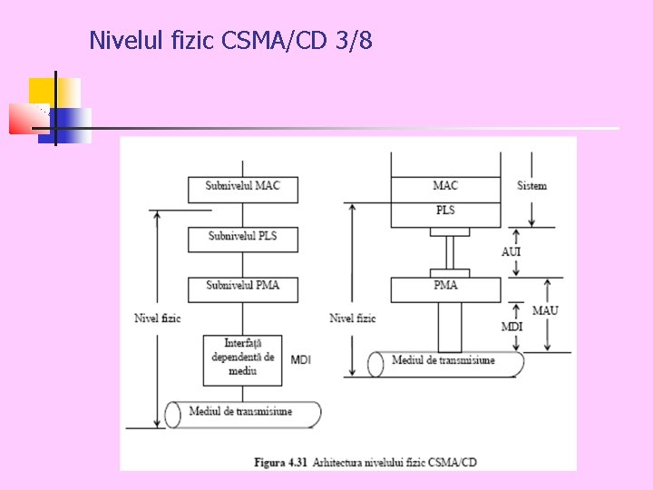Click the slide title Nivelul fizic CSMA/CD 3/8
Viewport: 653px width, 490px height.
pos(230,41)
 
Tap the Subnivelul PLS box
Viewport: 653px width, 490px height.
pos(242,238)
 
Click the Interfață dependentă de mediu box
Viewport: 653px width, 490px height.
pos(242,358)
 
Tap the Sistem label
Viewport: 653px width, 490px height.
pos(531,187)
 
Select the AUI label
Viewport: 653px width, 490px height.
pos(512,252)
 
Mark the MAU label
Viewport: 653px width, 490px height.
pos(545,311)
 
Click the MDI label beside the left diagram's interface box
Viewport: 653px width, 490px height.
pos(300,361)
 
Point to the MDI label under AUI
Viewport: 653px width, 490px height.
pos(512,327)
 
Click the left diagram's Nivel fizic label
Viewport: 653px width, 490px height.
pos(158,318)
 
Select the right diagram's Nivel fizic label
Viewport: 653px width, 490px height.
pos(353,318)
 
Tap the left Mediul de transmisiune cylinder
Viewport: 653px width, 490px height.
pos(242,414)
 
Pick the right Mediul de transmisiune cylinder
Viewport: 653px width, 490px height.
pos(445,363)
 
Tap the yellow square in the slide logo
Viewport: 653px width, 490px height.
pos(42,91)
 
